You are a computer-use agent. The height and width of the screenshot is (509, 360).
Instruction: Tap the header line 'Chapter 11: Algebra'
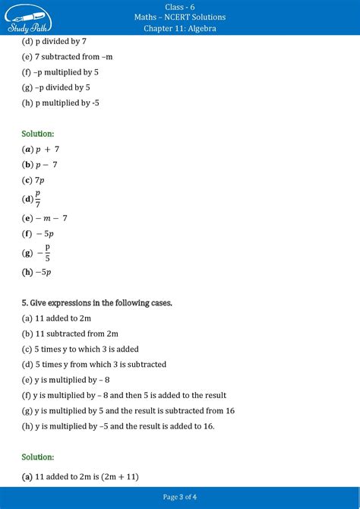pos(179,28)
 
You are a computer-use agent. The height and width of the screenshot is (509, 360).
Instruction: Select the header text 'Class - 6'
pos(179,6)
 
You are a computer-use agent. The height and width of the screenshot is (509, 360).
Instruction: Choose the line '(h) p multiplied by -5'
pos(62,103)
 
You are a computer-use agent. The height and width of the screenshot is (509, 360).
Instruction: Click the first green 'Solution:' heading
pos(38,134)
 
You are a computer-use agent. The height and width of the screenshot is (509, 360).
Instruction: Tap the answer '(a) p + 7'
pos(41,149)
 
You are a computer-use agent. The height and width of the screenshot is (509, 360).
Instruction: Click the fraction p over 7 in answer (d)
pos(38,199)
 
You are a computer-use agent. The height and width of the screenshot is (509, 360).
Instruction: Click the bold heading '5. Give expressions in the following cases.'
pos(97,303)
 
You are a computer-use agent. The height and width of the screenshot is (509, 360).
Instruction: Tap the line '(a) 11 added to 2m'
pos(57,318)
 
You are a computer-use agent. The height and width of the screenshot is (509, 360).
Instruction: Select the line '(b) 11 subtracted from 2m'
pos(71,334)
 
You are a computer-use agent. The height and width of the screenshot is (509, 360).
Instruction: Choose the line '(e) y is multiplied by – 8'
pos(67,380)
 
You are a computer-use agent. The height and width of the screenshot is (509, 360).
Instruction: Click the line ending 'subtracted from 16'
pos(128,410)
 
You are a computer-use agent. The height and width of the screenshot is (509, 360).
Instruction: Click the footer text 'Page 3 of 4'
pos(179,497)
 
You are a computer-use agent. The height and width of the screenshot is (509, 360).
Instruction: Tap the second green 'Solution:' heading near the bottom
pos(38,457)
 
